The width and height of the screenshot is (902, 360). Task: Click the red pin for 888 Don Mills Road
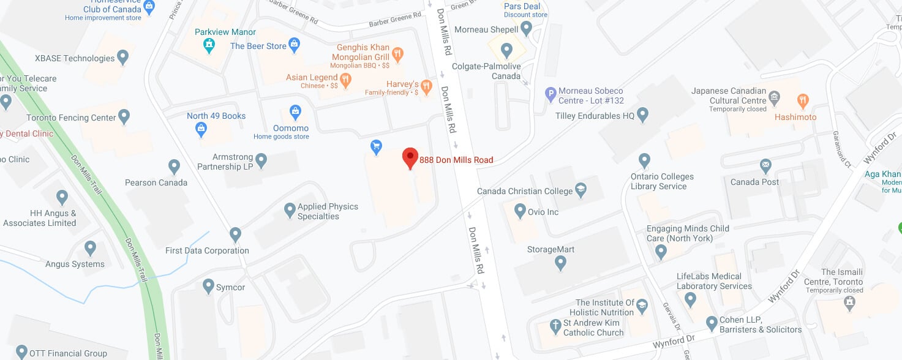(x=410, y=157)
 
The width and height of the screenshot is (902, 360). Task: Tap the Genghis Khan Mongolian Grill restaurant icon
(x=398, y=53)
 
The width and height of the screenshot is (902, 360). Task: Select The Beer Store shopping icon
(x=295, y=44)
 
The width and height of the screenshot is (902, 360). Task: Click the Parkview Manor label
(x=225, y=32)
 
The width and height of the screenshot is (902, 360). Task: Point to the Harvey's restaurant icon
(x=427, y=85)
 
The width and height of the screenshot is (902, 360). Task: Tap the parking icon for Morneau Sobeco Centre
(x=551, y=94)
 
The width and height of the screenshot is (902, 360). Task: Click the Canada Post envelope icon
(x=765, y=165)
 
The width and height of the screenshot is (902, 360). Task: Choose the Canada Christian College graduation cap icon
(x=581, y=190)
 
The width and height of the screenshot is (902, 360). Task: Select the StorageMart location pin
(x=560, y=263)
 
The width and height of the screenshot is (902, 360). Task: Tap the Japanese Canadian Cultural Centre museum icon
(x=775, y=97)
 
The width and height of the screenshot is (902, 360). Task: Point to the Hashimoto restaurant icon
(x=802, y=100)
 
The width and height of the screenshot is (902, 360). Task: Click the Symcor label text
(x=230, y=287)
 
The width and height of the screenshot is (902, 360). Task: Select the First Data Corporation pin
(x=235, y=234)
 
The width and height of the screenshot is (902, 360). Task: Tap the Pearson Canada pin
(x=175, y=167)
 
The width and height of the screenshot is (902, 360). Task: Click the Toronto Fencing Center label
(x=71, y=118)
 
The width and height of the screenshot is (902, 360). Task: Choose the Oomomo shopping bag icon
(x=295, y=112)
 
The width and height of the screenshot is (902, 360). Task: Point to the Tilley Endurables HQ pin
(x=642, y=114)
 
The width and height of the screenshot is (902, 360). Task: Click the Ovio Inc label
(x=544, y=212)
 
